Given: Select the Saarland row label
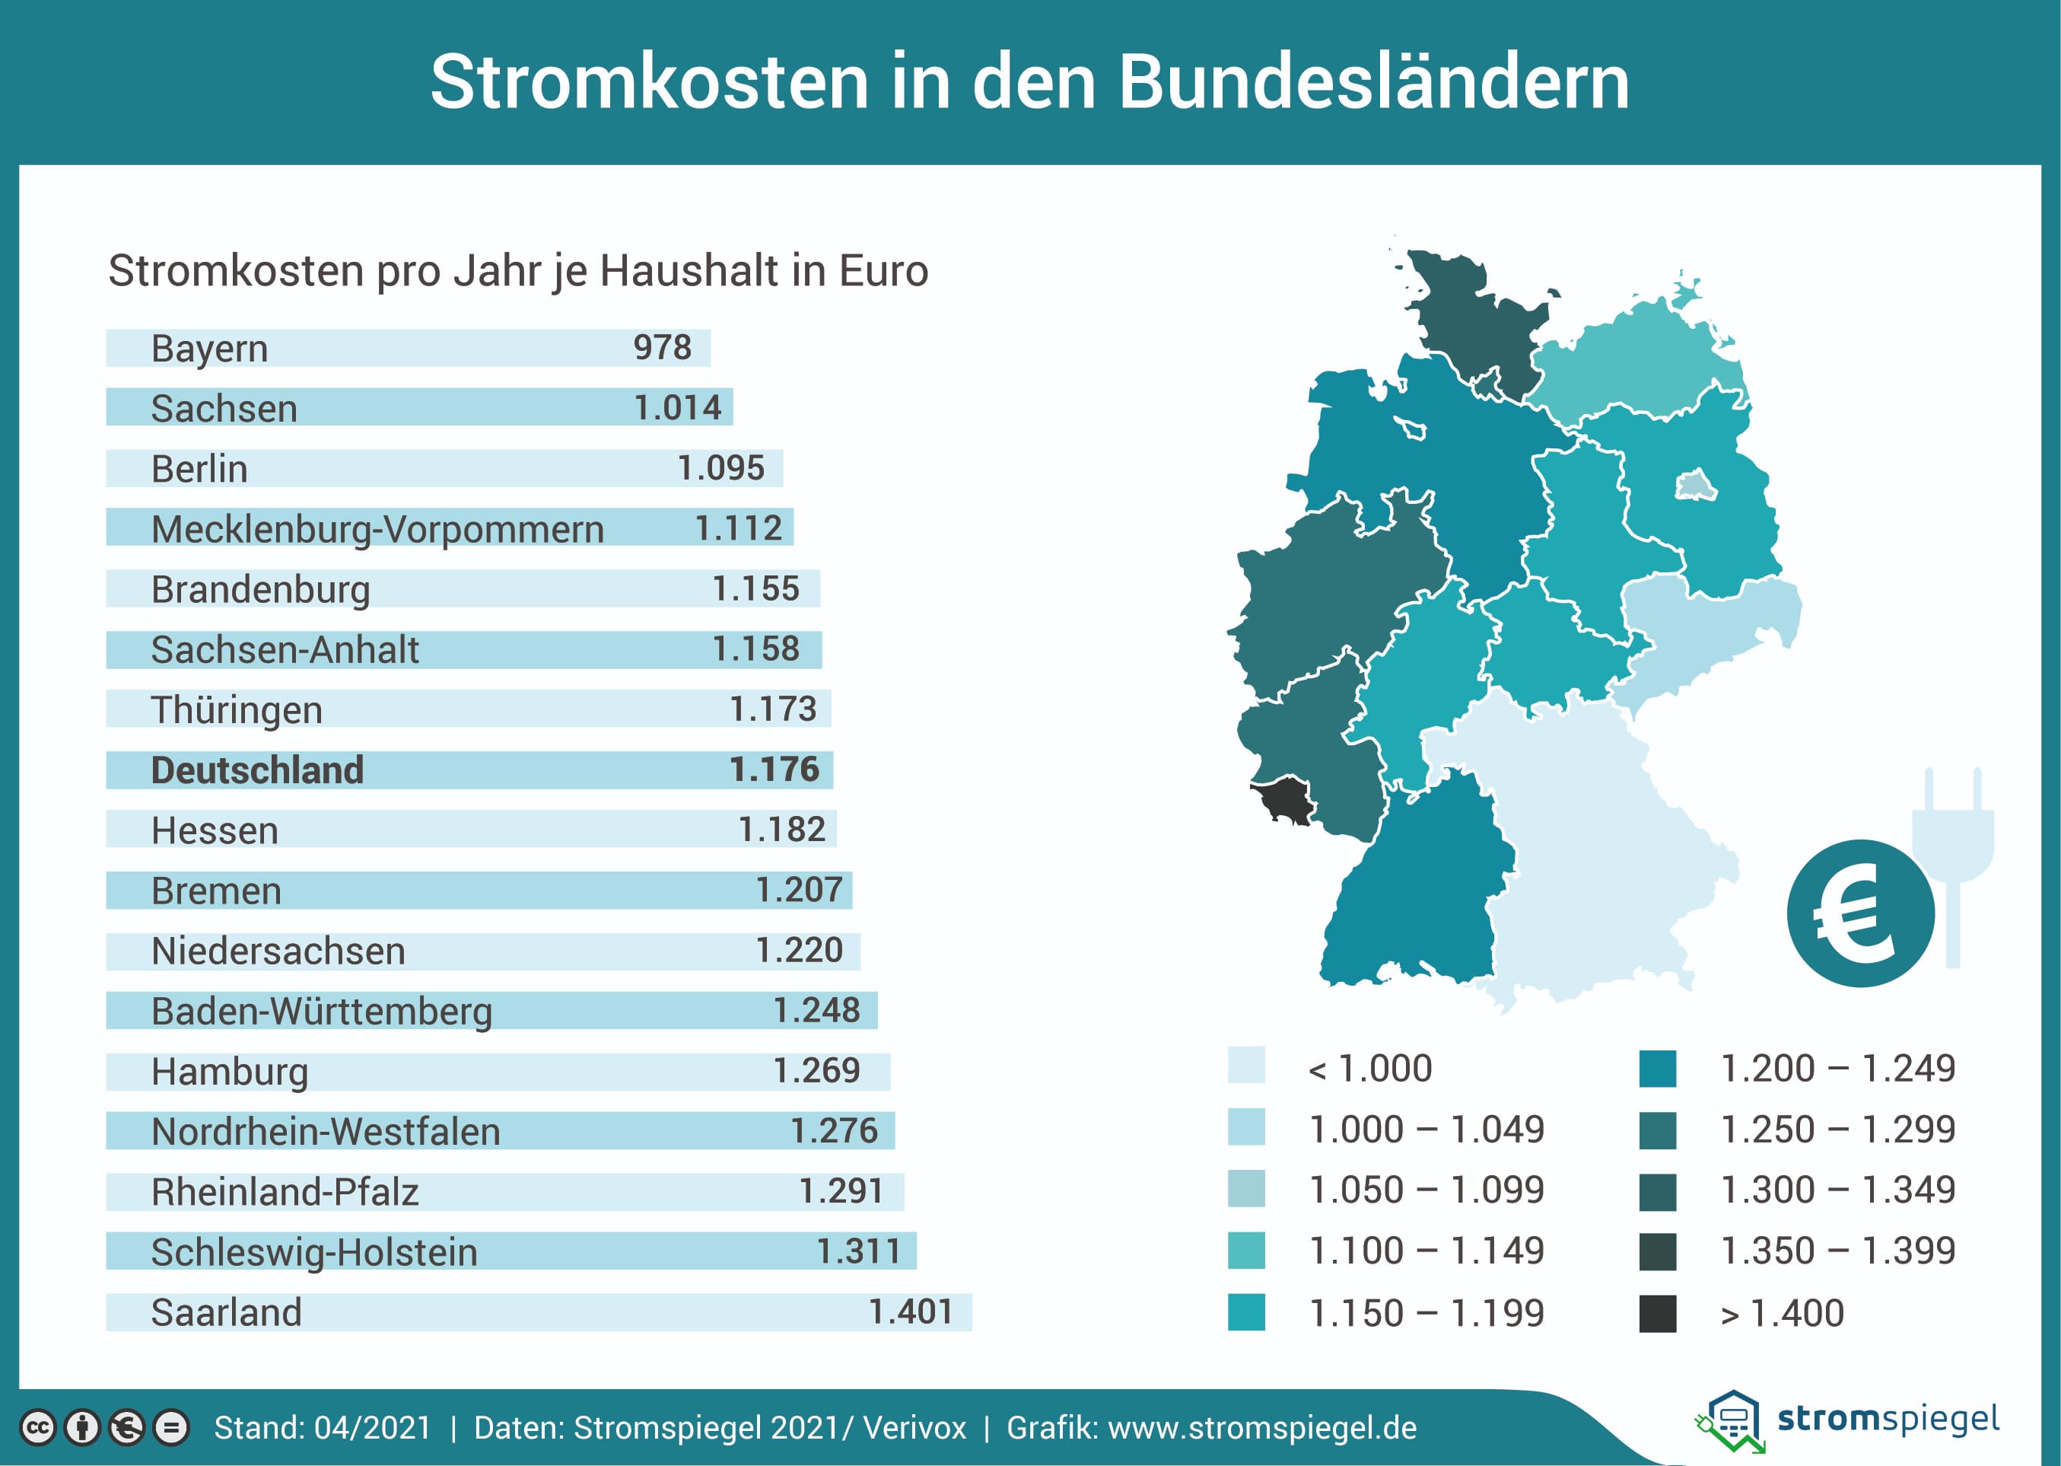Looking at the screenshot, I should coord(226,1312).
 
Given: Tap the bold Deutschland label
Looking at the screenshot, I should coord(257,770).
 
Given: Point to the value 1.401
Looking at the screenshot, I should coord(911,1311).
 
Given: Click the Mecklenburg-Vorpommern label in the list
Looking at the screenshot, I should coord(377,529).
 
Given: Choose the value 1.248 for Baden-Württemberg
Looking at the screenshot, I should coord(816,1010).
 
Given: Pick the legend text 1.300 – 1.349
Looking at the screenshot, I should coord(1837,1190).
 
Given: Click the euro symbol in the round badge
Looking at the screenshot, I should coord(1857,913).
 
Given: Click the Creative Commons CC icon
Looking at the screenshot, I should coord(38,1428).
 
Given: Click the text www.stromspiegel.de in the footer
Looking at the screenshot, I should coord(1261,1428).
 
